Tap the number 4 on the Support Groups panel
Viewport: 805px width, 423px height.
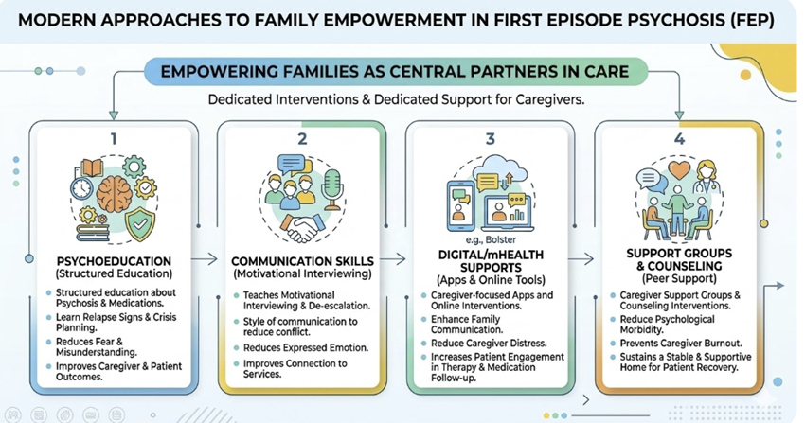pos(678,138)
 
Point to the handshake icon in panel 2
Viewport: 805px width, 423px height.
pos(301,228)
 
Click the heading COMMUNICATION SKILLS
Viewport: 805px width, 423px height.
pos(300,260)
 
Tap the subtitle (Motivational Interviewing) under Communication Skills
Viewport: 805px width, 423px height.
pos(300,274)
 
